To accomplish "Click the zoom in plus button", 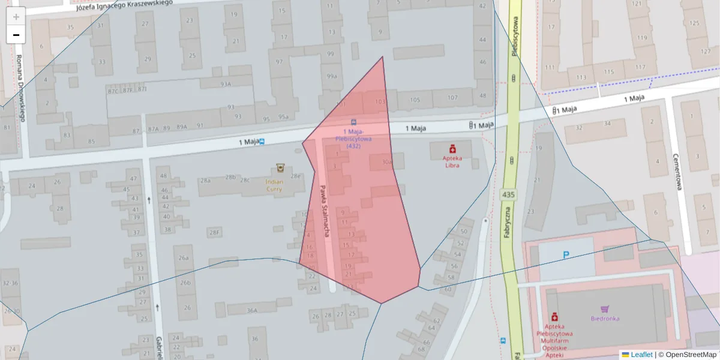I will [x=16, y=16].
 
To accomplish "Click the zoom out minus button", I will [x=16, y=35].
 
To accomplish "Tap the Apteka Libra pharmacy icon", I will [x=453, y=148].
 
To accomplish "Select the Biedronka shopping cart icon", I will [x=605, y=309].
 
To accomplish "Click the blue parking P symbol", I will [x=566, y=255].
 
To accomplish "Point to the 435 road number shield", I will [x=508, y=194].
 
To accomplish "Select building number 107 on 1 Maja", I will [x=452, y=98].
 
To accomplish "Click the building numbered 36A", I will [x=252, y=310].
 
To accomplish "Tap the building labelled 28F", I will [x=214, y=232].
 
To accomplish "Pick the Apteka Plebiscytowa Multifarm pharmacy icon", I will [x=554, y=316].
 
